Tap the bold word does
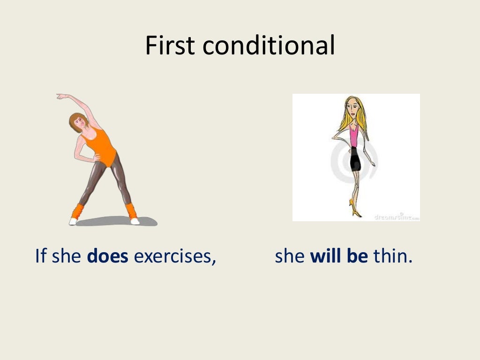(x=108, y=257)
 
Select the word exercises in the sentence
(x=175, y=257)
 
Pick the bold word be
(x=357, y=257)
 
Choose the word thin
(x=393, y=257)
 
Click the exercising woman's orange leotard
(x=102, y=145)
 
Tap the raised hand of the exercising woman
(x=61, y=97)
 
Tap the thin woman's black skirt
(x=355, y=159)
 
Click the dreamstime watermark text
(x=396, y=217)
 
